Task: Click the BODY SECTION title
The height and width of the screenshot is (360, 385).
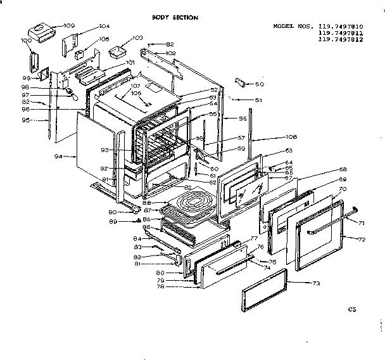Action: click(x=175, y=18)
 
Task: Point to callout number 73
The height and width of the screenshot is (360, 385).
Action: click(x=316, y=284)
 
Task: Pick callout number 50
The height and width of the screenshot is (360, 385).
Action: click(x=260, y=84)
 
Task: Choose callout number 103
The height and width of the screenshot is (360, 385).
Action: click(x=137, y=39)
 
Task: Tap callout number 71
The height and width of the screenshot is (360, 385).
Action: click(x=362, y=224)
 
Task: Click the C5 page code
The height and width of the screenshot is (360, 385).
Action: click(x=353, y=309)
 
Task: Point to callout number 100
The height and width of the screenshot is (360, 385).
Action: click(x=27, y=41)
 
